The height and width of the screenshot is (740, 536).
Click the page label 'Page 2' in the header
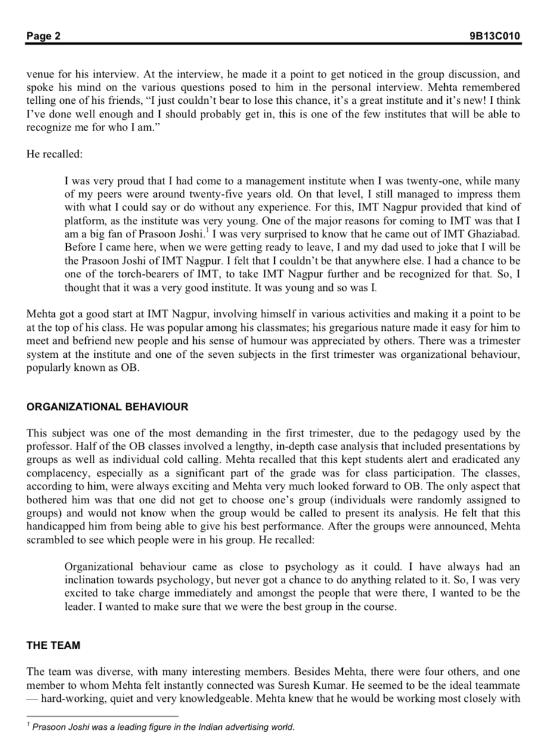click(44, 36)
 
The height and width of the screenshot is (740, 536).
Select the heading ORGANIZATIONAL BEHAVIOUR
click(107, 407)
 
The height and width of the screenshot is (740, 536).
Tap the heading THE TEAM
click(54, 645)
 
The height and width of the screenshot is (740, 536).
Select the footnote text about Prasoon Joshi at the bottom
click(163, 727)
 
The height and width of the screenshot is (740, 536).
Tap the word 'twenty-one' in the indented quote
click(444, 181)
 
